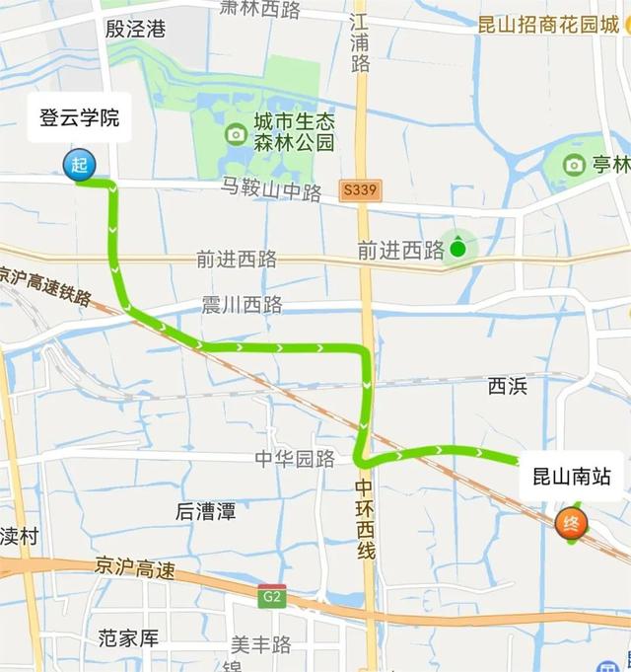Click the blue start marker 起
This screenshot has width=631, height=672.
pyautogui.click(x=79, y=166)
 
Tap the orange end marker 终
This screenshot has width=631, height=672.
pyautogui.click(x=571, y=523)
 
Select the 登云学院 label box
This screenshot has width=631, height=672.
pyautogui.click(x=79, y=118)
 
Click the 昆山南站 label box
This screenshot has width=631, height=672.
pyautogui.click(x=572, y=478)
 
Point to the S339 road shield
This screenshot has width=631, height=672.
pyautogui.click(x=362, y=190)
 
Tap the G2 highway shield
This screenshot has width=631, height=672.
pyautogui.click(x=270, y=596)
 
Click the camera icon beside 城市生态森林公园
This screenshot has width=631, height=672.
pyautogui.click(x=236, y=133)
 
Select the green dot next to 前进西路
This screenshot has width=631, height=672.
pyautogui.click(x=457, y=249)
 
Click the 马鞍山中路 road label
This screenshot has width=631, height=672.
pyautogui.click(x=271, y=190)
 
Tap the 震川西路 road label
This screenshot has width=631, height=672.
pyautogui.click(x=242, y=305)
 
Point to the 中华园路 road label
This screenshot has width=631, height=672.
pyautogui.click(x=295, y=458)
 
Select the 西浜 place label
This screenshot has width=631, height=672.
pyautogui.click(x=508, y=386)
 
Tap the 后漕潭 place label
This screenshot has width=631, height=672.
pyautogui.click(x=205, y=511)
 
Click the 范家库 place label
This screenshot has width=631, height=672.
pyautogui.click(x=128, y=637)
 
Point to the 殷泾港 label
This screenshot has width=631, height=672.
pyautogui.click(x=135, y=29)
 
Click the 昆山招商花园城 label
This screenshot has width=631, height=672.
pyautogui.click(x=548, y=25)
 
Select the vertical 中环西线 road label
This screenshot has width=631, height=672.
pyautogui.click(x=365, y=519)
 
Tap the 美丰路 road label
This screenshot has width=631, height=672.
pyautogui.click(x=261, y=644)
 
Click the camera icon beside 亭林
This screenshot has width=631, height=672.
pyautogui.click(x=574, y=165)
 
